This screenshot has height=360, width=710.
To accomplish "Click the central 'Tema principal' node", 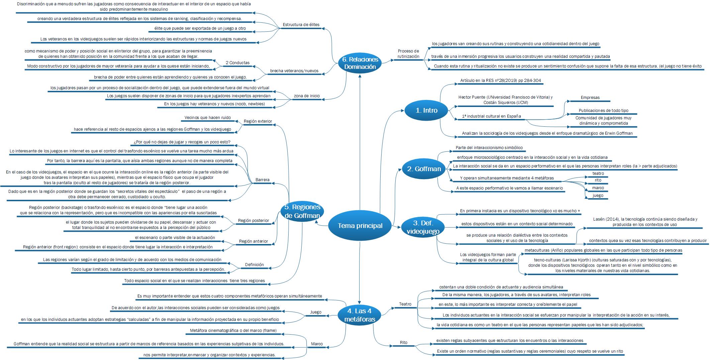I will click(360, 226).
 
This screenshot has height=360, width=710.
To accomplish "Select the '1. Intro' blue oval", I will click(426, 110).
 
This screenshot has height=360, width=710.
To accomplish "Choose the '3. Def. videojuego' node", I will click(420, 227).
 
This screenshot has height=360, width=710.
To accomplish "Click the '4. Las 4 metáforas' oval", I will click(360, 315).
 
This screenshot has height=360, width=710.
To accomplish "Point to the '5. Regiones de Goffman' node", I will click(302, 211).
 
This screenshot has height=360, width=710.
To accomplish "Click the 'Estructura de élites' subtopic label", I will click(301, 25).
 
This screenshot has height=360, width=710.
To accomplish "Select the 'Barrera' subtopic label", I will click(262, 180).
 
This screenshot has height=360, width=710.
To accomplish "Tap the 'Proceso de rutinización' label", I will click(408, 54).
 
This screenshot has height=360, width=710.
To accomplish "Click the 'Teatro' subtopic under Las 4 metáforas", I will click(405, 304).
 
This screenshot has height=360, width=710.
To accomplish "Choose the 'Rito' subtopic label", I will click(404, 343).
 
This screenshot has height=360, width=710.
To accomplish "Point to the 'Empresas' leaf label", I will click(590, 98).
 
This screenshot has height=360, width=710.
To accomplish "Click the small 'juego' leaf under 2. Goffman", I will click(598, 196).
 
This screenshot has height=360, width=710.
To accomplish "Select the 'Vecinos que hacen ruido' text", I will click(208, 118).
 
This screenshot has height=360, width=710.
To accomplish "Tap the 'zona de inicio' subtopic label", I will click(306, 96).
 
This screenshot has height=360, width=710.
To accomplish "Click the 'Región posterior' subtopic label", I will click(253, 221).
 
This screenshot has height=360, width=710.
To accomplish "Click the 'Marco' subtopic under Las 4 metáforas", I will click(317, 344).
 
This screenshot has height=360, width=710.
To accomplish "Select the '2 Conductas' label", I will click(237, 63).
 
